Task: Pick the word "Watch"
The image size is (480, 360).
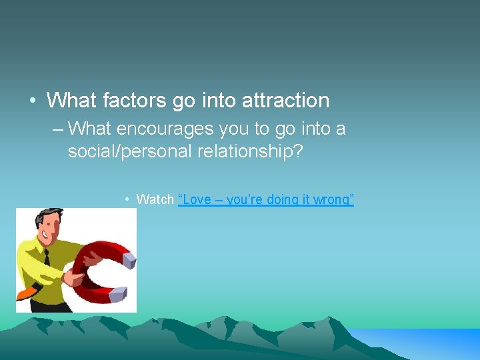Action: point(155,199)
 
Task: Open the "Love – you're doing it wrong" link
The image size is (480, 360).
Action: point(266,199)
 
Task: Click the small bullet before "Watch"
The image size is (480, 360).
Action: point(127,199)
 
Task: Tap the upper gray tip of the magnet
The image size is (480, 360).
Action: point(128,257)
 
